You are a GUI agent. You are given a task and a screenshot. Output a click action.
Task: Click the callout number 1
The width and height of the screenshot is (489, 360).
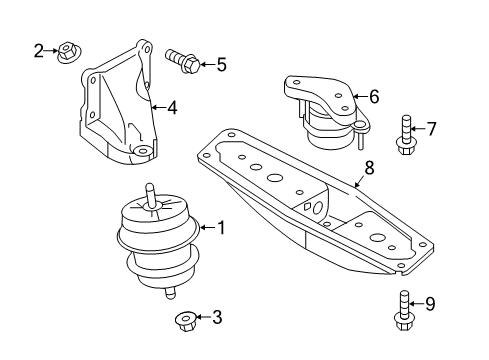click(x=221, y=228)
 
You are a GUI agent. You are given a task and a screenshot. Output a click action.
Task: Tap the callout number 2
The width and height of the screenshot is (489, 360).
click(x=38, y=49)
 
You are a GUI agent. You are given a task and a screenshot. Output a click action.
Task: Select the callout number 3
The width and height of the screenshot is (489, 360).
click(x=217, y=318)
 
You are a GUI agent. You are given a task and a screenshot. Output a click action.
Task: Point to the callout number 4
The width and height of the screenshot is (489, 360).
click(x=172, y=106)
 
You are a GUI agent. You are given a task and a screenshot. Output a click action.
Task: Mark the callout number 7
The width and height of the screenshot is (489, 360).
click(x=432, y=127)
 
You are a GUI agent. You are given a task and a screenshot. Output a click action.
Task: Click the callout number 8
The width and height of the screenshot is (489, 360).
click(x=369, y=170)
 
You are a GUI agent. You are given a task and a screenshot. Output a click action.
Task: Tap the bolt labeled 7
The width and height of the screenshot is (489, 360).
click(x=406, y=135)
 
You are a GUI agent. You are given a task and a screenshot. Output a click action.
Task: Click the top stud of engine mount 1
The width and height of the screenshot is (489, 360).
click(x=150, y=192)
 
